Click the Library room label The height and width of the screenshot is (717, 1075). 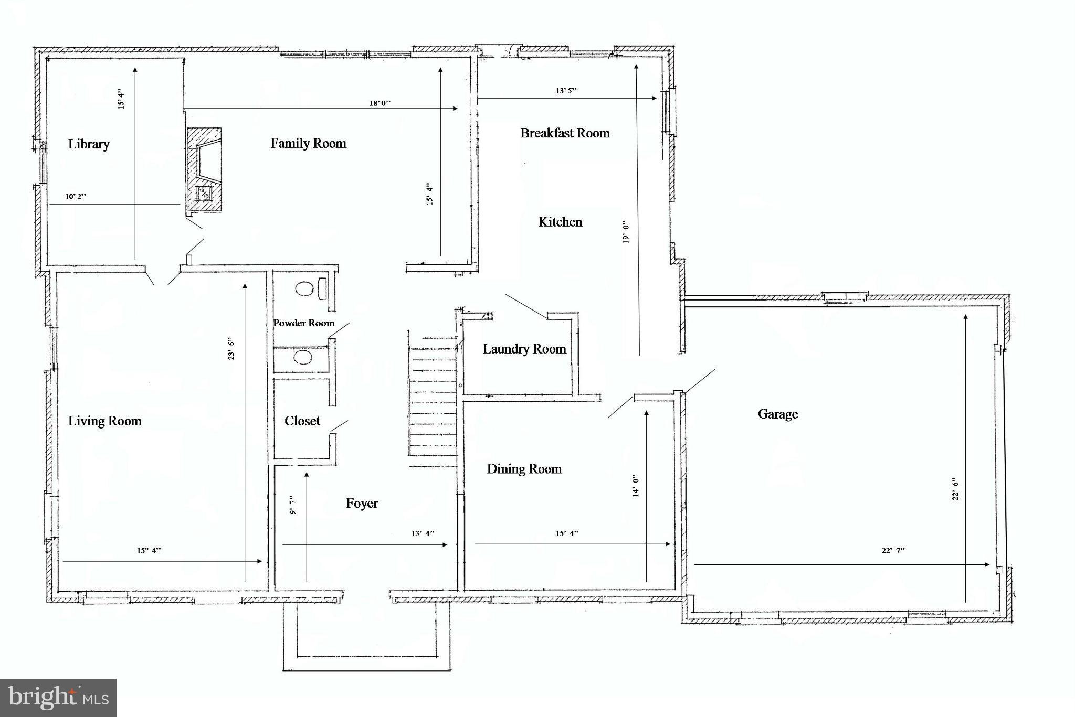[x=89, y=144]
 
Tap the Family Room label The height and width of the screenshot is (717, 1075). [x=308, y=143]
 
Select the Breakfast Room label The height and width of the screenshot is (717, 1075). [x=565, y=133]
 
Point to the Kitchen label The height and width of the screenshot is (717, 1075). [x=560, y=222]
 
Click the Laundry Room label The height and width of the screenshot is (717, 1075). [x=524, y=349]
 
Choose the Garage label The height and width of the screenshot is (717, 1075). [x=777, y=414]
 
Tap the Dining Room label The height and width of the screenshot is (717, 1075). [x=524, y=469]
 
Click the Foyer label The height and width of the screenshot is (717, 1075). [x=362, y=504]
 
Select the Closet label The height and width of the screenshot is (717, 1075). [x=302, y=421]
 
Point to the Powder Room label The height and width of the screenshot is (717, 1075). [x=304, y=323]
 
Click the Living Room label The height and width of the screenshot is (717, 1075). [x=105, y=421]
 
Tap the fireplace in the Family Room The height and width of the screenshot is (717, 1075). [x=205, y=170]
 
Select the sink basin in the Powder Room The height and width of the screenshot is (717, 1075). [x=303, y=358]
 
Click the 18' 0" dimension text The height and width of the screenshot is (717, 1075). [x=380, y=103]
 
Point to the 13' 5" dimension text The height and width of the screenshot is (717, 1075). [x=566, y=91]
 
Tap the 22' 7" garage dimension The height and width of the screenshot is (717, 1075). [x=893, y=551]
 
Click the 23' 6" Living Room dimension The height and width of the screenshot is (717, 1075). [x=231, y=349]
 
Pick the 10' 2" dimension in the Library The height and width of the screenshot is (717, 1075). [x=76, y=197]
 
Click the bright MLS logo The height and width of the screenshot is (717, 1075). [x=58, y=698]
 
